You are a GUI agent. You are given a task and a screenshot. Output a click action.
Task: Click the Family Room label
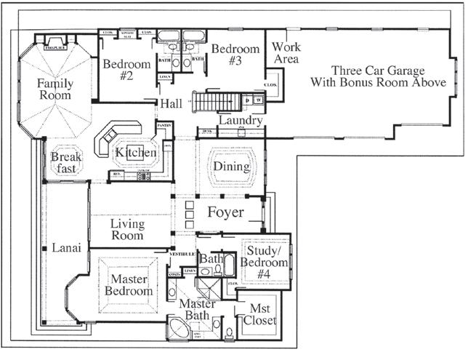[x=55, y=89]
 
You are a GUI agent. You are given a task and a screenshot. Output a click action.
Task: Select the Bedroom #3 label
[x=235, y=55]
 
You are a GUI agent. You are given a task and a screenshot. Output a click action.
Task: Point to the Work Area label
[x=286, y=53]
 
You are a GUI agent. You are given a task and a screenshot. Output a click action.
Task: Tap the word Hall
[x=172, y=103]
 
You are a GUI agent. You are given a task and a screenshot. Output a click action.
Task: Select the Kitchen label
[x=135, y=153]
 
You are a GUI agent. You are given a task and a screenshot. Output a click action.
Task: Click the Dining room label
[x=231, y=167]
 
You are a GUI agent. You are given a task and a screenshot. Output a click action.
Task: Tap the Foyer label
[x=225, y=213]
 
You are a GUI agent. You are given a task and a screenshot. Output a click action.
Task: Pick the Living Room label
[x=127, y=229]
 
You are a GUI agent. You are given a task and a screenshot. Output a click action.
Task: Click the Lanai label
[x=60, y=248]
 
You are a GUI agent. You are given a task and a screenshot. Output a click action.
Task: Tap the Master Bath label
[x=197, y=309]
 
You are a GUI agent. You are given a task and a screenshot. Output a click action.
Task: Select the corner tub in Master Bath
[x=178, y=329]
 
